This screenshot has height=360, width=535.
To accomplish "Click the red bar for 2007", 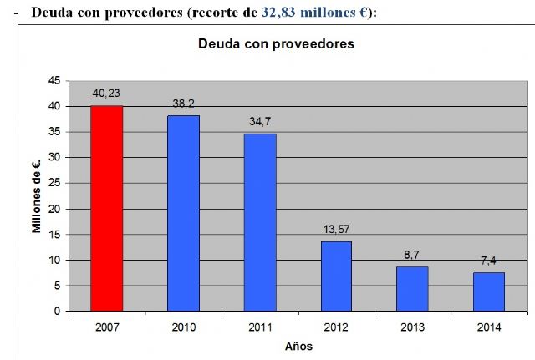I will pos(107,209).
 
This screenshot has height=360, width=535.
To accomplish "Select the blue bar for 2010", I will pos(183,213).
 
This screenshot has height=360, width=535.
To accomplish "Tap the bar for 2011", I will pos(260,222).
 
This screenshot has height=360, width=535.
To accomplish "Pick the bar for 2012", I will pos(336,276).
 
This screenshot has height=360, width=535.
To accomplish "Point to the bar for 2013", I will pos(412,288).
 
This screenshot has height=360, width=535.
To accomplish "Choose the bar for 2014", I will pos(488,292).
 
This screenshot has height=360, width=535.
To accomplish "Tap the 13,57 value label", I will pos(336,230).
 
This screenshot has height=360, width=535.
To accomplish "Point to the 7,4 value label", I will pos(488,261).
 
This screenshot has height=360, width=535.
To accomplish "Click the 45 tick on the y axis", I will pos(53,80).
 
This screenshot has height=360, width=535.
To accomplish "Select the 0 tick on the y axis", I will pos(57,311).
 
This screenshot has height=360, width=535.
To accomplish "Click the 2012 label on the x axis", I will pos(336,327).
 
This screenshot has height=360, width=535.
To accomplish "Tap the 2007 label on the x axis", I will pos(107,327).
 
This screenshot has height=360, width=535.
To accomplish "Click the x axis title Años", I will pos(298,346).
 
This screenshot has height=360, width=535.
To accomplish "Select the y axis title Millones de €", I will pos(38,195).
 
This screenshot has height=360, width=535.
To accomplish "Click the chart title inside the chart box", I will pos(276,43).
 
